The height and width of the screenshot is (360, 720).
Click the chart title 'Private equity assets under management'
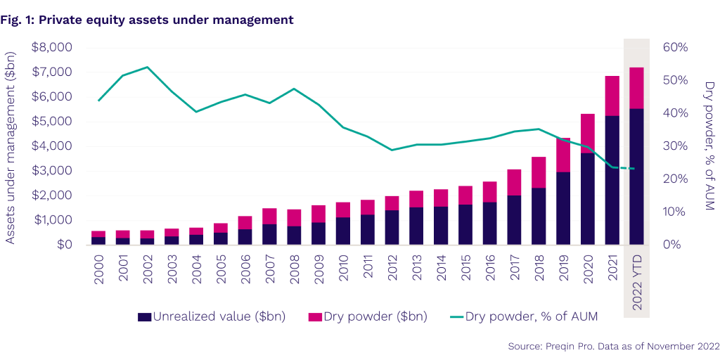[x=166, y=20]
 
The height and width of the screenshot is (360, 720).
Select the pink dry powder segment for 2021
[x=612, y=96]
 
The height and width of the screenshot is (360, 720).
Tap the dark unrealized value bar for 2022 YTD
[x=636, y=176]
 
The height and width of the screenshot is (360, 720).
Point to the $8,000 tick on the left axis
[x=52, y=47]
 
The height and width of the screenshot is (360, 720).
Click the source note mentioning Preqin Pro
[x=613, y=347]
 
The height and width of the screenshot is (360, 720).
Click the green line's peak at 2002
[x=146, y=67]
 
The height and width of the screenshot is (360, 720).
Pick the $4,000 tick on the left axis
[x=52, y=146]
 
